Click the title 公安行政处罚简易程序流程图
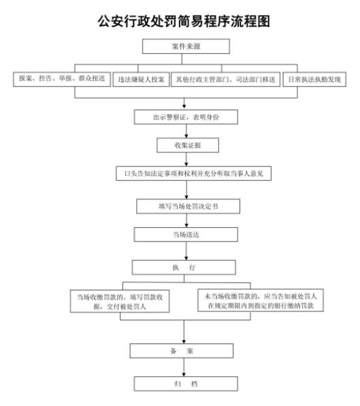point(184,21)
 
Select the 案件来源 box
point(186,46)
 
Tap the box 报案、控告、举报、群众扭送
point(62,80)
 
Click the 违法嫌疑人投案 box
point(141,80)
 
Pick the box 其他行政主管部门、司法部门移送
point(225,80)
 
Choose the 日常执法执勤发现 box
point(314,80)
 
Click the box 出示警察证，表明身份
point(186,117)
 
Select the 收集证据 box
point(188,146)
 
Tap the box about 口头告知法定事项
point(193,173)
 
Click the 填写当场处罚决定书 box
point(188,206)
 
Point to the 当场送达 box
point(186,235)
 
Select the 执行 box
point(184,267)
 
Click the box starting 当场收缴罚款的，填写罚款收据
point(120,301)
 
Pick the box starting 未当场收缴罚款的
point(261,301)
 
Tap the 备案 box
point(182,351)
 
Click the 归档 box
point(186,384)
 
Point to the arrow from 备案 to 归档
point(184,367)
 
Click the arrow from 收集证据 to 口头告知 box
point(186,159)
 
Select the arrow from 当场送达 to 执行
point(186,251)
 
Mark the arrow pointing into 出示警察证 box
point(184,104)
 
